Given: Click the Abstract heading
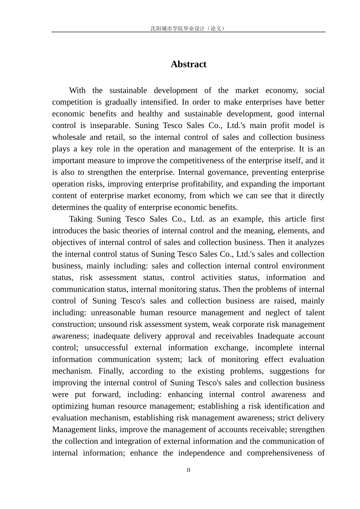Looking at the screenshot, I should [x=188, y=64].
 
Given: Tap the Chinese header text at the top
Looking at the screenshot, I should [x=188, y=28].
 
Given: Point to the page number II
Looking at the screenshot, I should [x=188, y=470].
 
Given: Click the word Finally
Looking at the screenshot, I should [x=111, y=371].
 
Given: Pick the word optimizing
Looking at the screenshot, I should [x=71, y=406].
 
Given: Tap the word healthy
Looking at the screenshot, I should [x=150, y=114].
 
